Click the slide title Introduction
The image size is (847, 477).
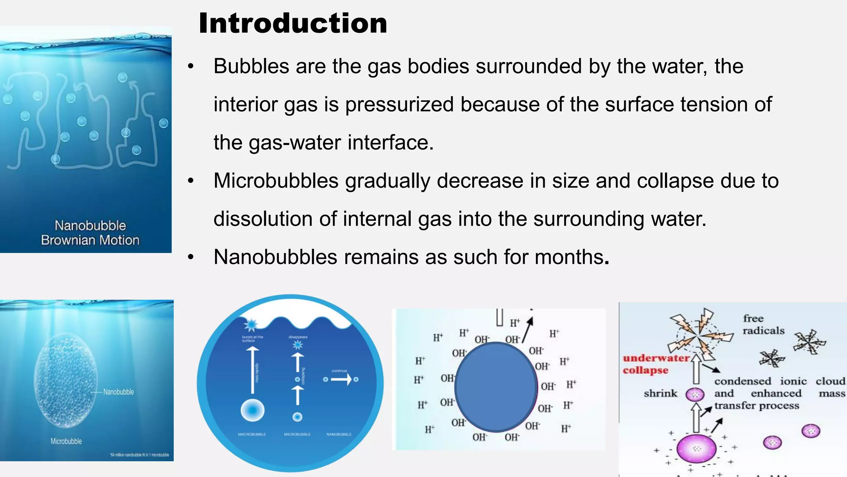[x=293, y=23]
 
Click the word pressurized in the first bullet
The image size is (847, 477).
[x=399, y=104]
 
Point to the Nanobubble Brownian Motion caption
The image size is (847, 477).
[x=90, y=233]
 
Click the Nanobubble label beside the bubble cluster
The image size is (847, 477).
[x=118, y=392]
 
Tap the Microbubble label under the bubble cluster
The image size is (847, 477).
[x=66, y=441]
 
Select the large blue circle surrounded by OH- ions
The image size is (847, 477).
[x=495, y=387]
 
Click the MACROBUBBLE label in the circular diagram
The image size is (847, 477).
[x=252, y=434]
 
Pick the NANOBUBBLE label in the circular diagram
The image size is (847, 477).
[x=339, y=434]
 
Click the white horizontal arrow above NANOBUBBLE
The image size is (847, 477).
[x=341, y=379]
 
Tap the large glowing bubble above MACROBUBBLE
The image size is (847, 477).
[x=252, y=410]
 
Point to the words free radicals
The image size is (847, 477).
[x=763, y=324]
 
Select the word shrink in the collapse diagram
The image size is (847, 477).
[x=660, y=393]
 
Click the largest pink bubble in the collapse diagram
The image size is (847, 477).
[x=696, y=448]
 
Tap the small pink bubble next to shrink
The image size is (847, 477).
[x=695, y=394]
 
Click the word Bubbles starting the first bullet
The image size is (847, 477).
[x=251, y=66]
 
